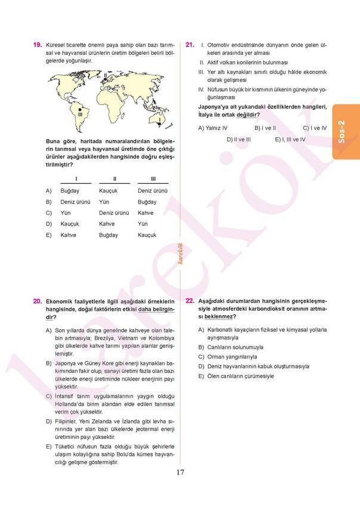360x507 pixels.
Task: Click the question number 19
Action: tap(37, 45)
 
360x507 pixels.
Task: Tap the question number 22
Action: tap(190, 302)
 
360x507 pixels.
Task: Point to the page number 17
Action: tap(180, 473)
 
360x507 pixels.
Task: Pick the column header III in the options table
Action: tap(153, 179)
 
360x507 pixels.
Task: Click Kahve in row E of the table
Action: tap(68, 235)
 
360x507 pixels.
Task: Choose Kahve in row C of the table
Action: tap(145, 213)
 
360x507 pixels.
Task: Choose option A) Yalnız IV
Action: tap(213, 128)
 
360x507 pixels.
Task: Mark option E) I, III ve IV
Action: tap(290, 139)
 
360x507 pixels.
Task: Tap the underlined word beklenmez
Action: tap(219, 317)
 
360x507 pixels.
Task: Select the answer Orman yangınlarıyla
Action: tap(232, 357)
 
